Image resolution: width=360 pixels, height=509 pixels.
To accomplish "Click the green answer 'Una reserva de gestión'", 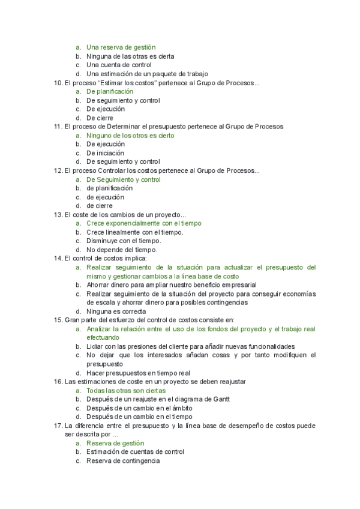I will pos(121,47).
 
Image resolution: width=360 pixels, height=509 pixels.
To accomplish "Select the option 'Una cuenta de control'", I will pos(119,65).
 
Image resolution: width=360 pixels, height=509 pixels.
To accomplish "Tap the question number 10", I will pos(58,83).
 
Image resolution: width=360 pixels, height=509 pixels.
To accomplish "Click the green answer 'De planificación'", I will pos(110,92).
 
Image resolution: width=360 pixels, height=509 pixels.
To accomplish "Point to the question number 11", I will pos(58,127).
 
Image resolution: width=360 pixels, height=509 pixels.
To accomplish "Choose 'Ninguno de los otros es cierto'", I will pos(130,136).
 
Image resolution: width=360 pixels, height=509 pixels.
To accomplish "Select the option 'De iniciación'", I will pos(106,153).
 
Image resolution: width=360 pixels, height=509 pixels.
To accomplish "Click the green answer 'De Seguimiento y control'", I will pos(124,179).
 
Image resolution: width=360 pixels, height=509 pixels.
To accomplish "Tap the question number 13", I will pos(58,215).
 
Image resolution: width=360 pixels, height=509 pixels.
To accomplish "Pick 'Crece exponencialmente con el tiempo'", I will pos(144,223).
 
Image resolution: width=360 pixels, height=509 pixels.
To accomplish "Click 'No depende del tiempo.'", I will pos(122,250).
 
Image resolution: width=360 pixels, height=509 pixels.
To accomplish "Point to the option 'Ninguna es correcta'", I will pos(116,312).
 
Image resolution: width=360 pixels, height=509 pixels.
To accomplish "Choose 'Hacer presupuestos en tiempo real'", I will pos(138,373).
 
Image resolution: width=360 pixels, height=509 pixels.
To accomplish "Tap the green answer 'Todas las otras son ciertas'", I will pos(125,391).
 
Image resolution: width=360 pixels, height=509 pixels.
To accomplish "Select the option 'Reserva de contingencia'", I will pos(122,461).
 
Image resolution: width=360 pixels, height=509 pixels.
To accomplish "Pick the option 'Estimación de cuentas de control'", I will pos(135,452).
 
